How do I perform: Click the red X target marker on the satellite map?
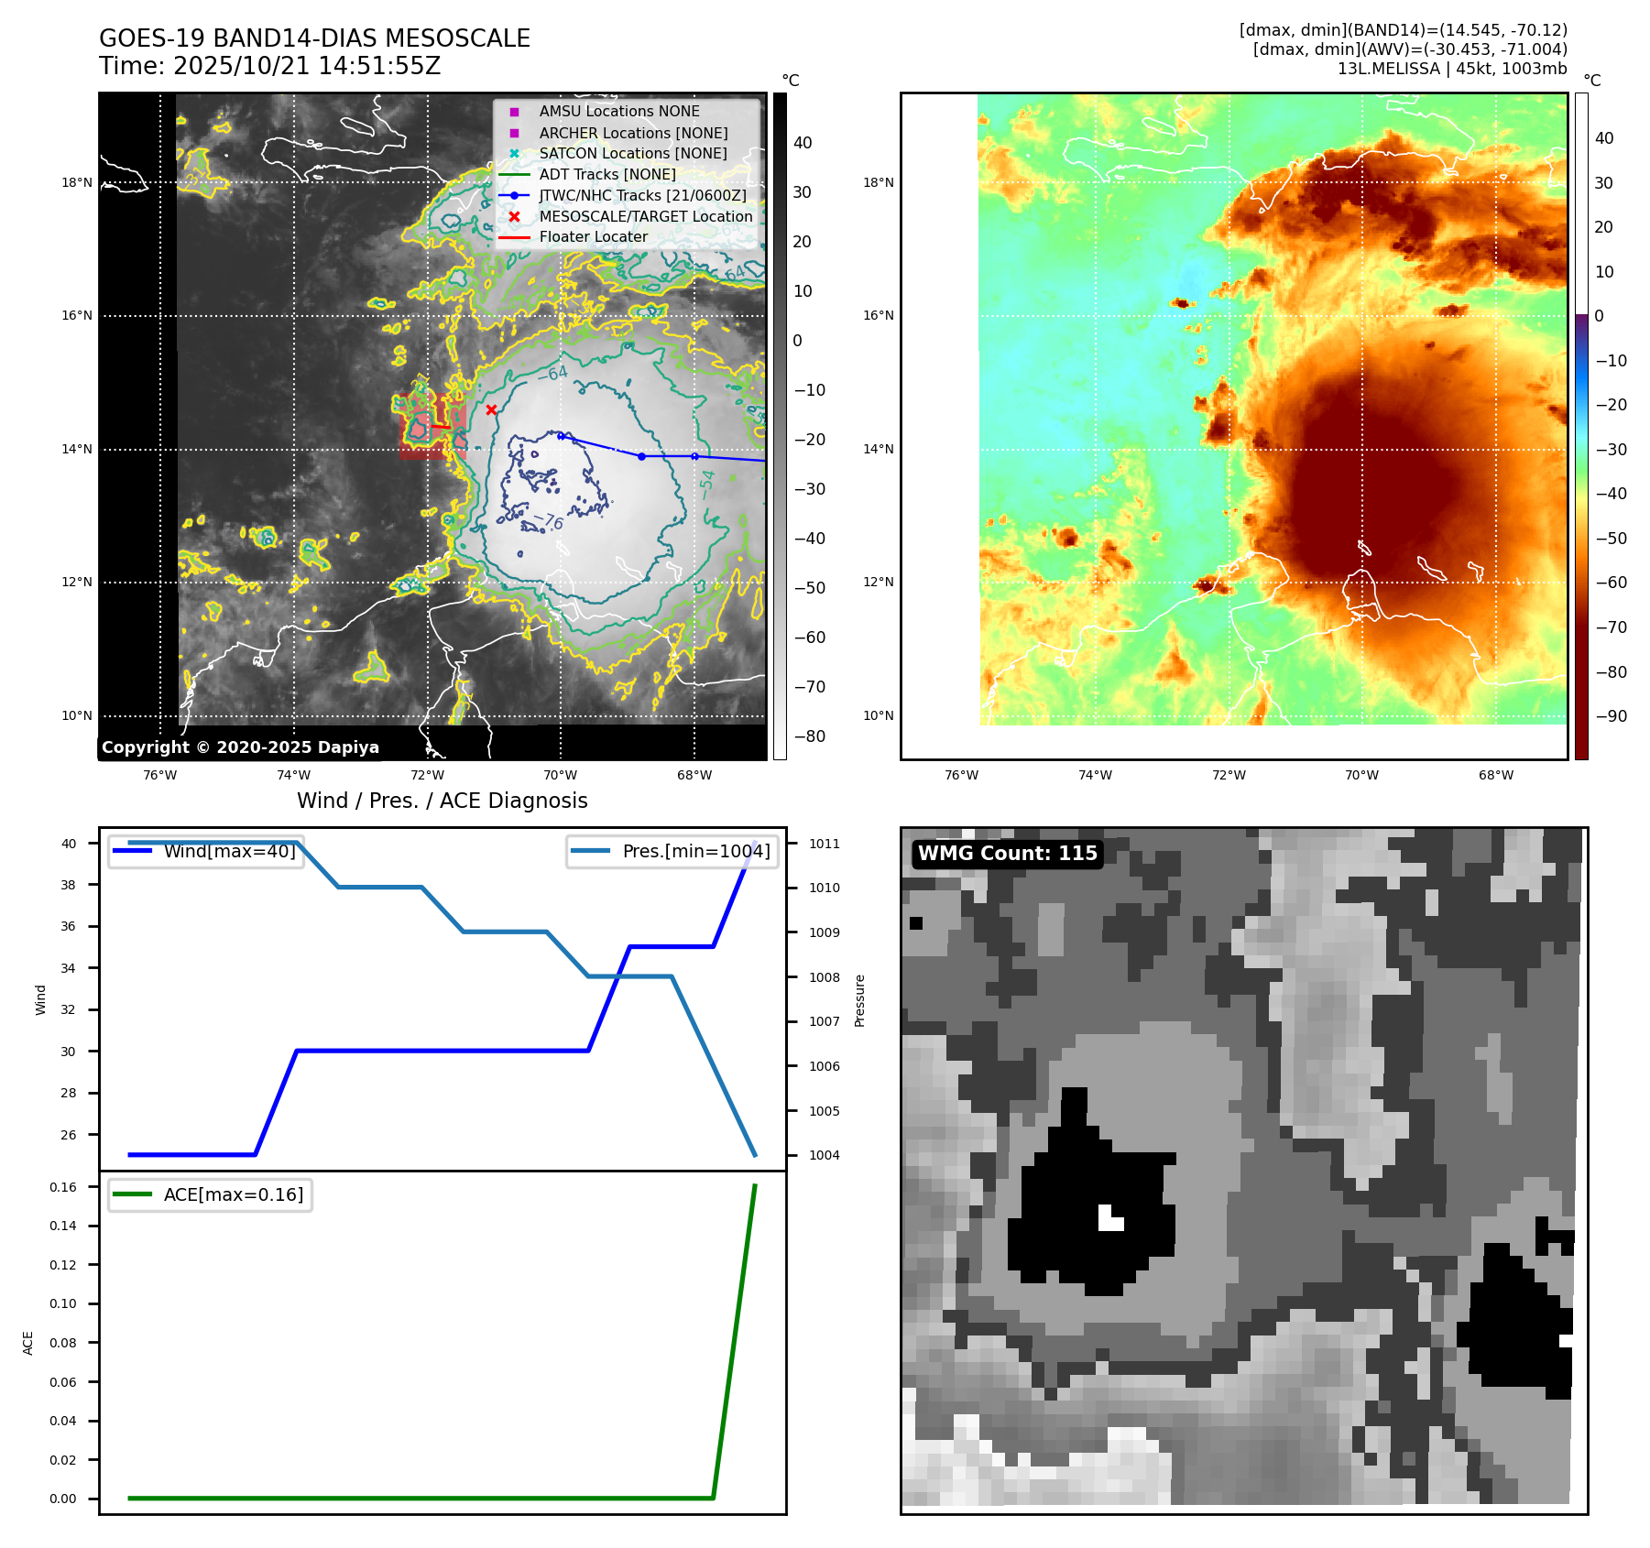(x=491, y=409)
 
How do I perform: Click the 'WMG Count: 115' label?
(x=1007, y=854)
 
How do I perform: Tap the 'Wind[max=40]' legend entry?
(x=229, y=851)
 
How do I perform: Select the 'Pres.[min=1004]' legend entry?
(x=695, y=851)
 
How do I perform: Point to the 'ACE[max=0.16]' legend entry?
(x=233, y=1194)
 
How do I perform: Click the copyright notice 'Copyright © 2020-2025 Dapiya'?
(x=240, y=747)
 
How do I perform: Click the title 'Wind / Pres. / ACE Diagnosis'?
(x=442, y=801)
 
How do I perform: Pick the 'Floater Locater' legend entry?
(x=593, y=237)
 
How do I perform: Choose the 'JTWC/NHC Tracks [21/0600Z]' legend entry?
(x=642, y=195)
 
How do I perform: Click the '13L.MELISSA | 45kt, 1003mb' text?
(x=1451, y=69)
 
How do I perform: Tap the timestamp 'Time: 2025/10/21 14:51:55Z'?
(x=269, y=67)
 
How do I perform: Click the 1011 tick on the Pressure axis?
(x=824, y=844)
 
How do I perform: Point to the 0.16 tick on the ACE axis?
(x=63, y=1187)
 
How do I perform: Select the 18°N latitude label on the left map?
(x=77, y=183)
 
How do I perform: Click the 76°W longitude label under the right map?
(x=961, y=775)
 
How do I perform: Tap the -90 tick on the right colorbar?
(x=1611, y=716)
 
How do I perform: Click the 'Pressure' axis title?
(x=859, y=1000)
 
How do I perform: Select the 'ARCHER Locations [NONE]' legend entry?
(x=633, y=133)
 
